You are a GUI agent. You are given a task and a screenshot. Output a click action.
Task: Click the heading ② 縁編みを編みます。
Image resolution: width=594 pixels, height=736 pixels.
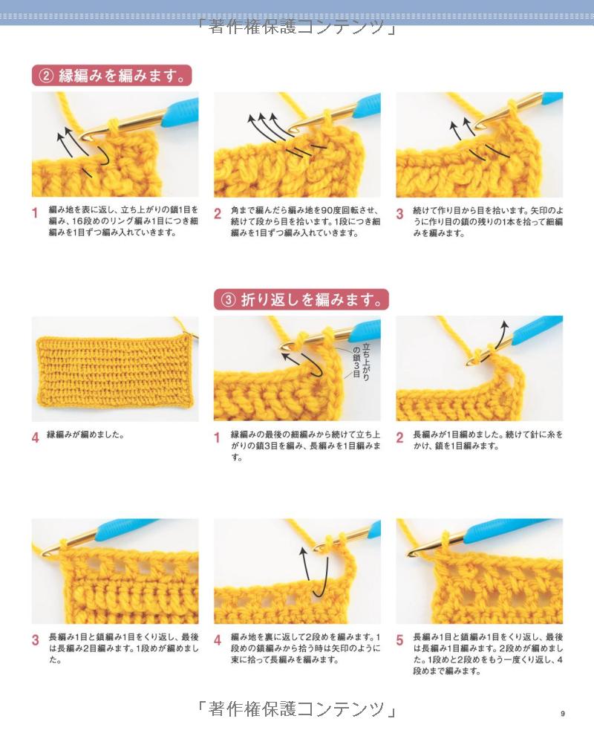(111, 75)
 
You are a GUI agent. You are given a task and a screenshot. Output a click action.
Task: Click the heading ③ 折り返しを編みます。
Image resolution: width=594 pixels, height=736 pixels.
(301, 299)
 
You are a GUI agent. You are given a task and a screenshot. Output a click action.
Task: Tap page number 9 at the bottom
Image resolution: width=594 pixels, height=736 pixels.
(563, 714)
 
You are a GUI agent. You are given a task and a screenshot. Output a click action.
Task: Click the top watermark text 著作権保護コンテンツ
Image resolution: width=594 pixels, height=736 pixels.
(296, 27)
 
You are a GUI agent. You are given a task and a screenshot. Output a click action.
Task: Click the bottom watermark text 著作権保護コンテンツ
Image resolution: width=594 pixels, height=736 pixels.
(296, 709)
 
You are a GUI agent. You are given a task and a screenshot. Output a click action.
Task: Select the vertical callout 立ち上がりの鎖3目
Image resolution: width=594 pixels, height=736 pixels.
(362, 360)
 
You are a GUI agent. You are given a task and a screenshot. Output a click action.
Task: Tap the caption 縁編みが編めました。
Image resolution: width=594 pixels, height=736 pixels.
(85, 435)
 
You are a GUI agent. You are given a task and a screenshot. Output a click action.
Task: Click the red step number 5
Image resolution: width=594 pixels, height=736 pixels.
(399, 639)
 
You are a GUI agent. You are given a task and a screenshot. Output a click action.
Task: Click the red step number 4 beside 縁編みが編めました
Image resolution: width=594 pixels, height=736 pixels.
(35, 437)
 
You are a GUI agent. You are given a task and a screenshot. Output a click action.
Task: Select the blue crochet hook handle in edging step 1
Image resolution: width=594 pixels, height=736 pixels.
(180, 112)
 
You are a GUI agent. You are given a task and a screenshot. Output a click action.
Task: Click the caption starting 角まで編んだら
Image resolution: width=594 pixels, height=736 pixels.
(305, 221)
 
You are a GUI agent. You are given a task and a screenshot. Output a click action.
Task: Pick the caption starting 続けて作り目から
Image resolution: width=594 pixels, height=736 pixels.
(488, 221)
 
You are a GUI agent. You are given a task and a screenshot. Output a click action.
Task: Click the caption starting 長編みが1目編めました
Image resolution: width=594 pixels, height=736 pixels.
(488, 440)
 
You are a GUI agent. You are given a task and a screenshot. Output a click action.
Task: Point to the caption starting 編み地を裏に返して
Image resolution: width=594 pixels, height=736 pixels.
(305, 648)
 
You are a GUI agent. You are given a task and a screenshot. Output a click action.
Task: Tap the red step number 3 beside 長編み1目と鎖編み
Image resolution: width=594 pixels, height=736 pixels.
(35, 639)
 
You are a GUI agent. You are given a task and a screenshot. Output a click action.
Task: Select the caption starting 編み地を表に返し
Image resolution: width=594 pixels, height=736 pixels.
(123, 221)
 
